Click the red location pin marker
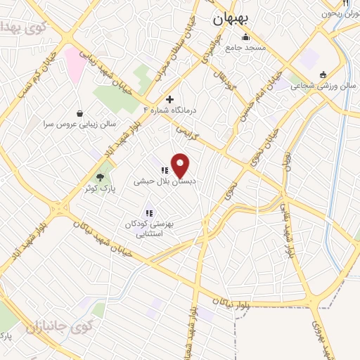point(181,165)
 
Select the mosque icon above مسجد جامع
point(245,37)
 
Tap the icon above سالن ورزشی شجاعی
point(322,75)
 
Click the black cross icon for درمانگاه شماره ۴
point(169,99)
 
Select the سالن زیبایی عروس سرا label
point(79,123)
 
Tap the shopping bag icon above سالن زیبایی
point(79,112)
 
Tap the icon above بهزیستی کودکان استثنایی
point(149,212)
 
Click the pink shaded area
point(75,63)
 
